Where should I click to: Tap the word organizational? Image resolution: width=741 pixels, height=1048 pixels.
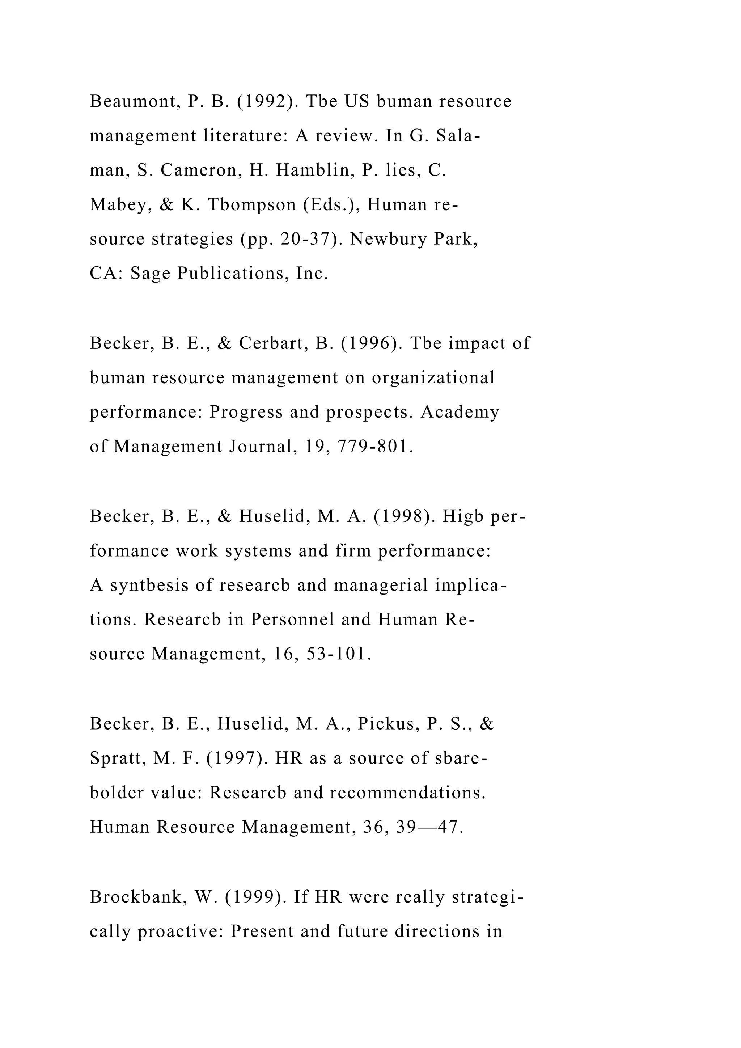[433, 377]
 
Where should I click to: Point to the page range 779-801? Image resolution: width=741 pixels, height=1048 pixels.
[375, 447]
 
